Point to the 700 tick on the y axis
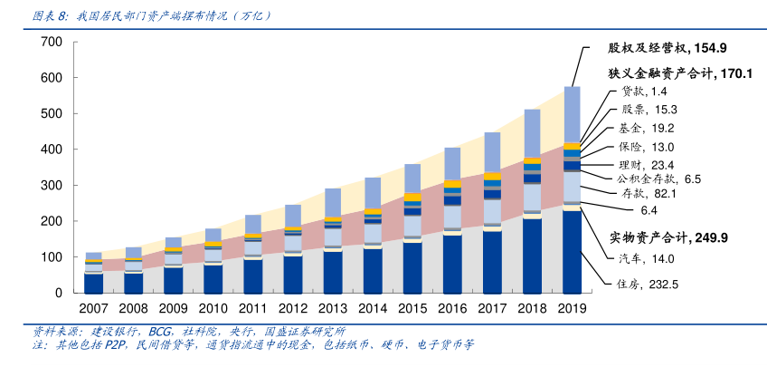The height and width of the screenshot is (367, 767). pos(52,43)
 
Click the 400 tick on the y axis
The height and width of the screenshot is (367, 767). pos(52,150)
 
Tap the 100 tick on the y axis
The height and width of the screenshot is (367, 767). pos(52,257)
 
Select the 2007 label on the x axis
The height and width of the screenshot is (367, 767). pos(93,309)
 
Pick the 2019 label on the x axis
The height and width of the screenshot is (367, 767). pos(572,309)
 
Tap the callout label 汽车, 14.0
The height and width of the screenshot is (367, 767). pos(648,259)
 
